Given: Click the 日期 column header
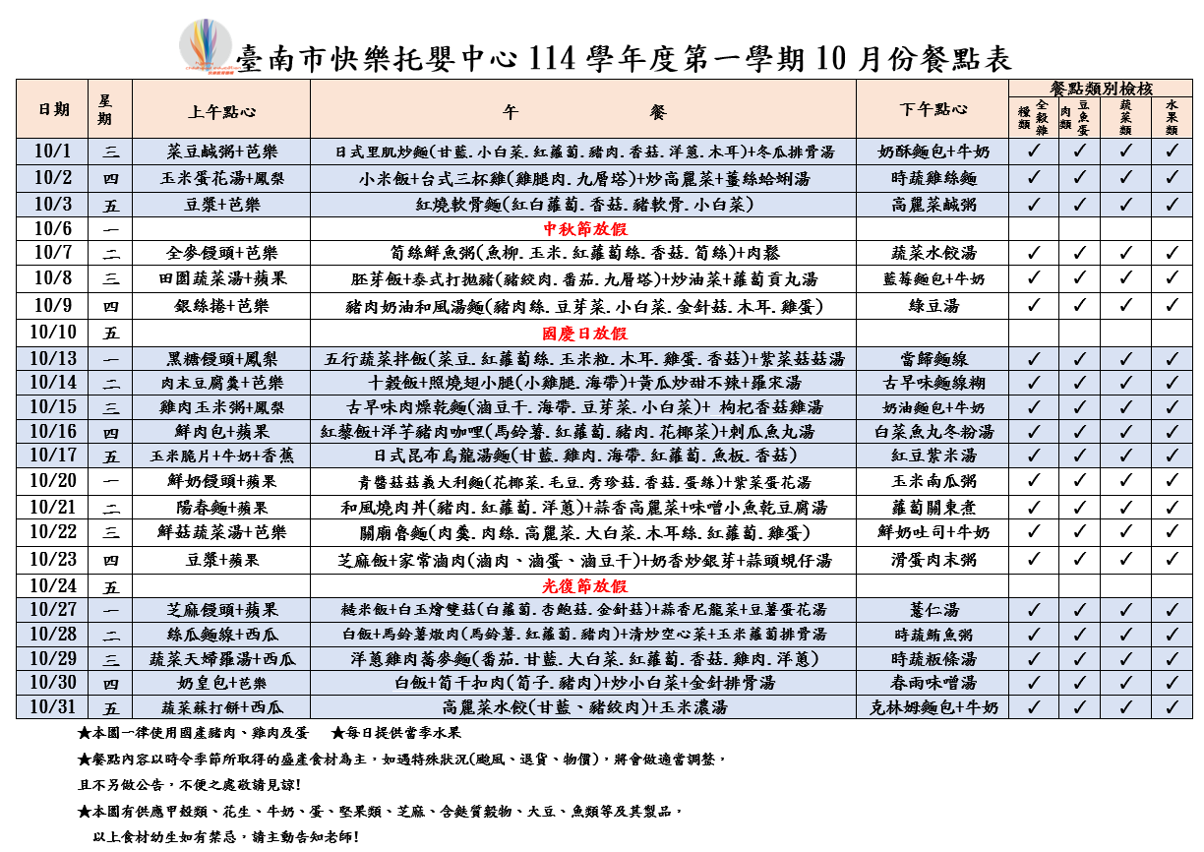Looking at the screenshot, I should point(54,109).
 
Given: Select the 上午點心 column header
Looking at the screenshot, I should point(220,109).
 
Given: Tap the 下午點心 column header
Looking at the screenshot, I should point(933,109).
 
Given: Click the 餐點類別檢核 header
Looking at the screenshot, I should point(1100,88).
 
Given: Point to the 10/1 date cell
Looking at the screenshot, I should point(54,152).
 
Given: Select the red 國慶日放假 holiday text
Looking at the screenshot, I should point(583,334).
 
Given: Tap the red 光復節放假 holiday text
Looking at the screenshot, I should point(583,585).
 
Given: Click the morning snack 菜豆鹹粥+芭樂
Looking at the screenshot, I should point(220,152).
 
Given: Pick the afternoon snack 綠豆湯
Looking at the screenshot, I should point(933,306).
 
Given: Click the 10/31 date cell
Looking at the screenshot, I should point(54,706).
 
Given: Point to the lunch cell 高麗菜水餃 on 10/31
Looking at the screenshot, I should point(583,706).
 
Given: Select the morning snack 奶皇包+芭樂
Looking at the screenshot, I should point(220,682).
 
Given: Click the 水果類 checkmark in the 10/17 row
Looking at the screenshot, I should point(1171,456).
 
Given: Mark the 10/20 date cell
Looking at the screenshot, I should point(54,481).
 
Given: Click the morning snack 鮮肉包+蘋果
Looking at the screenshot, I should point(220,431).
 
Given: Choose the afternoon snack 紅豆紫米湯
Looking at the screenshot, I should point(933,456).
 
